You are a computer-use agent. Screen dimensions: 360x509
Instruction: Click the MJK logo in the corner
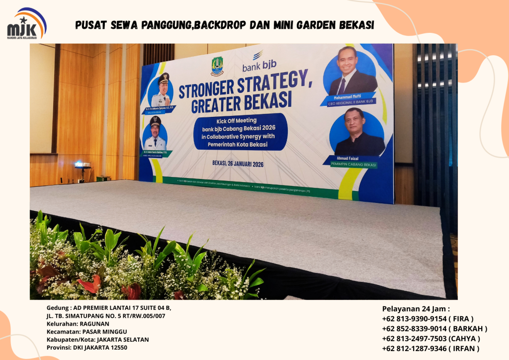tap(26, 24)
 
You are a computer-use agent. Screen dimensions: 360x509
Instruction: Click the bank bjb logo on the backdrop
tap(258, 61)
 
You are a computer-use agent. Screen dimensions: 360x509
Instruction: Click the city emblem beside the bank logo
tap(217, 66)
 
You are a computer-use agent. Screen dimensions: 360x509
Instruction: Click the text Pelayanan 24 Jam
tap(416, 309)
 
